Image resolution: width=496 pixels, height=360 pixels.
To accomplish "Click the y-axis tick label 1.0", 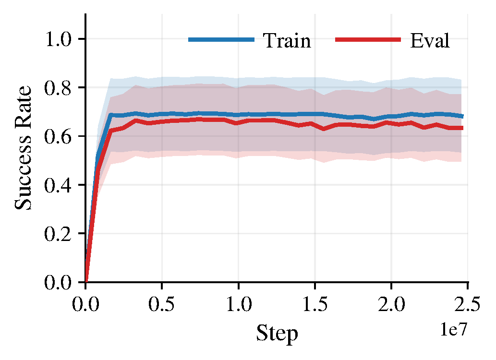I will pyautogui.click(x=59, y=39).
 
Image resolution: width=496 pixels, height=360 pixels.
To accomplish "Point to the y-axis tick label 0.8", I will pyautogui.click(x=59, y=88).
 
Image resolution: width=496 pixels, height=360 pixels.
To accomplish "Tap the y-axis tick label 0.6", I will pyautogui.click(x=59, y=136).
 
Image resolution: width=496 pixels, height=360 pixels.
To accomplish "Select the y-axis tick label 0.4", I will pyautogui.click(x=59, y=185).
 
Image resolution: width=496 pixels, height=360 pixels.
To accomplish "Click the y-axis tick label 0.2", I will pyautogui.click(x=59, y=234).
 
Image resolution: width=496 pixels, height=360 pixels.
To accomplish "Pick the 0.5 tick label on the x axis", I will pyautogui.click(x=162, y=304).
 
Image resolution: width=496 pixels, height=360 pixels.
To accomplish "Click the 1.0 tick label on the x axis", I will pyautogui.click(x=239, y=304).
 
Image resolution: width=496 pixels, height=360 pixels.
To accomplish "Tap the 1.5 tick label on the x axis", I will pyautogui.click(x=315, y=304).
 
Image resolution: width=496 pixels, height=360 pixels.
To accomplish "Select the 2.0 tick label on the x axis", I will pyautogui.click(x=391, y=304).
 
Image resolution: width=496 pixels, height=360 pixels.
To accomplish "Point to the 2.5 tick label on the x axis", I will pyautogui.click(x=468, y=304).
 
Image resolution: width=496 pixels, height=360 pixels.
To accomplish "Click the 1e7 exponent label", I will pyautogui.click(x=453, y=329).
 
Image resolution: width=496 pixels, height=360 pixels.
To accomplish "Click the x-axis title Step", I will pyautogui.click(x=277, y=333).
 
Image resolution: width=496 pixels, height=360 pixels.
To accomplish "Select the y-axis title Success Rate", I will pyautogui.click(x=24, y=148).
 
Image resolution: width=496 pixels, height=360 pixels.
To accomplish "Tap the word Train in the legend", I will pyautogui.click(x=287, y=41).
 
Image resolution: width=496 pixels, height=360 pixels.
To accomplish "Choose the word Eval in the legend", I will pyautogui.click(x=430, y=41).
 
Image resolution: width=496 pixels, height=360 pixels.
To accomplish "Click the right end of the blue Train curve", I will pyautogui.click(x=462, y=116).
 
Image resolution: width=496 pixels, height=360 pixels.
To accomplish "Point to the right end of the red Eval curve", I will pyautogui.click(x=462, y=128).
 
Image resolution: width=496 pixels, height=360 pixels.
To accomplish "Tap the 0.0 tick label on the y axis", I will pyautogui.click(x=59, y=283).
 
